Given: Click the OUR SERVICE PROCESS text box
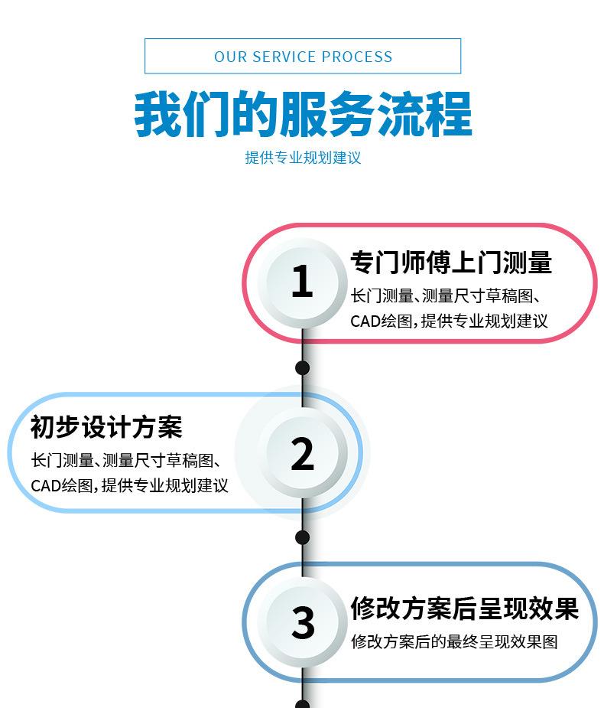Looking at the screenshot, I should (x=303, y=56).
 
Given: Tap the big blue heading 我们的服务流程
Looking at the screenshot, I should (x=303, y=114).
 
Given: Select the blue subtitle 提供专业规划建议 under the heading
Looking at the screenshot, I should (x=303, y=158).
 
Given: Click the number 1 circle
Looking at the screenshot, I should (x=303, y=282).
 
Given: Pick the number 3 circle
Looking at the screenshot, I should (x=303, y=622).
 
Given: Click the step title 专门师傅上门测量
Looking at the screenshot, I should (x=451, y=262).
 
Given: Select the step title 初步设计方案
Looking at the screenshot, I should (x=106, y=427).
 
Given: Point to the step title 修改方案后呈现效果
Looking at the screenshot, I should (x=464, y=608).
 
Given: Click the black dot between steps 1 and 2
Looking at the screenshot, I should (x=303, y=368).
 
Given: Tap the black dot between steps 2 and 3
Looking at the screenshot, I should (x=303, y=537).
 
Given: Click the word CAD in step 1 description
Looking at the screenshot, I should (x=365, y=321).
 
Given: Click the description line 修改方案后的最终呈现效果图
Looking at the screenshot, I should (x=454, y=641).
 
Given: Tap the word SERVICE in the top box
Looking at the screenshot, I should (x=284, y=57).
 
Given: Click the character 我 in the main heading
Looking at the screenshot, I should (x=157, y=115).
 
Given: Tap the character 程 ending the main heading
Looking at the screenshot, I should (x=450, y=115).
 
